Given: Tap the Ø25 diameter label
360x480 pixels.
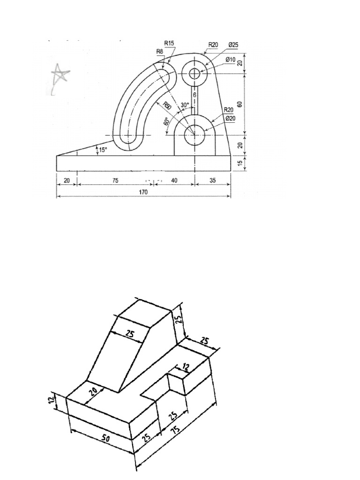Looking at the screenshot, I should point(233,45).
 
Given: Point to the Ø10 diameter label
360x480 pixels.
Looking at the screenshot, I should point(230,60).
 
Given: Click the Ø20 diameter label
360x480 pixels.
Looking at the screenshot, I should point(230,118).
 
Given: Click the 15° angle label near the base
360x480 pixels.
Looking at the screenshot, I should point(102,150).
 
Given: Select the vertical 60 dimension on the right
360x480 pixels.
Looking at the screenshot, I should point(240,104).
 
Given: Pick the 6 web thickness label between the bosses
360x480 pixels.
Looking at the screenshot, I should point(195,95).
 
